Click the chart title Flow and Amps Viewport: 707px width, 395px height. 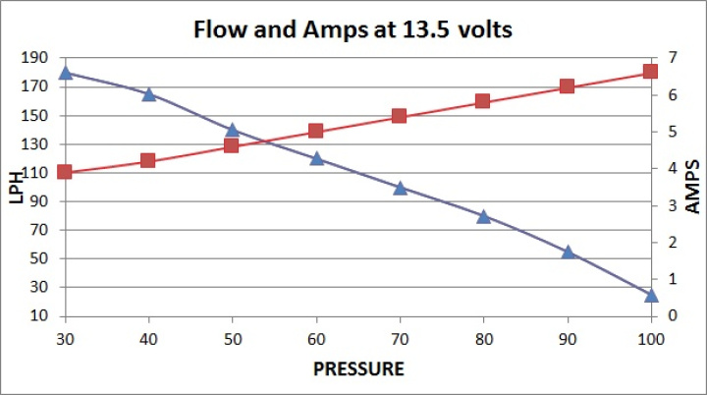click(353, 29)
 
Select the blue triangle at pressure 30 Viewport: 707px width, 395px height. click(66, 73)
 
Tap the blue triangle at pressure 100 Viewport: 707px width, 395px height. click(650, 294)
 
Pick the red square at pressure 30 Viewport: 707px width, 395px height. click(66, 172)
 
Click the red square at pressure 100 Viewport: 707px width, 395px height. click(650, 72)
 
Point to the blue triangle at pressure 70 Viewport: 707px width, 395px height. click(400, 187)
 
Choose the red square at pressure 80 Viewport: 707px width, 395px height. click(483, 101)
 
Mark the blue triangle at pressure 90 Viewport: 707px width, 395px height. click(567, 252)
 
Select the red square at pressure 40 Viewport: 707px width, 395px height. click(149, 160)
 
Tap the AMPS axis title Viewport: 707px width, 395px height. click(691, 187)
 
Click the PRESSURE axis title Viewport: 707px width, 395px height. click(357, 369)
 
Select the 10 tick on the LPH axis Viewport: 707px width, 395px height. click(41, 316)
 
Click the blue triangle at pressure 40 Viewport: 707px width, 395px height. click(149, 94)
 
